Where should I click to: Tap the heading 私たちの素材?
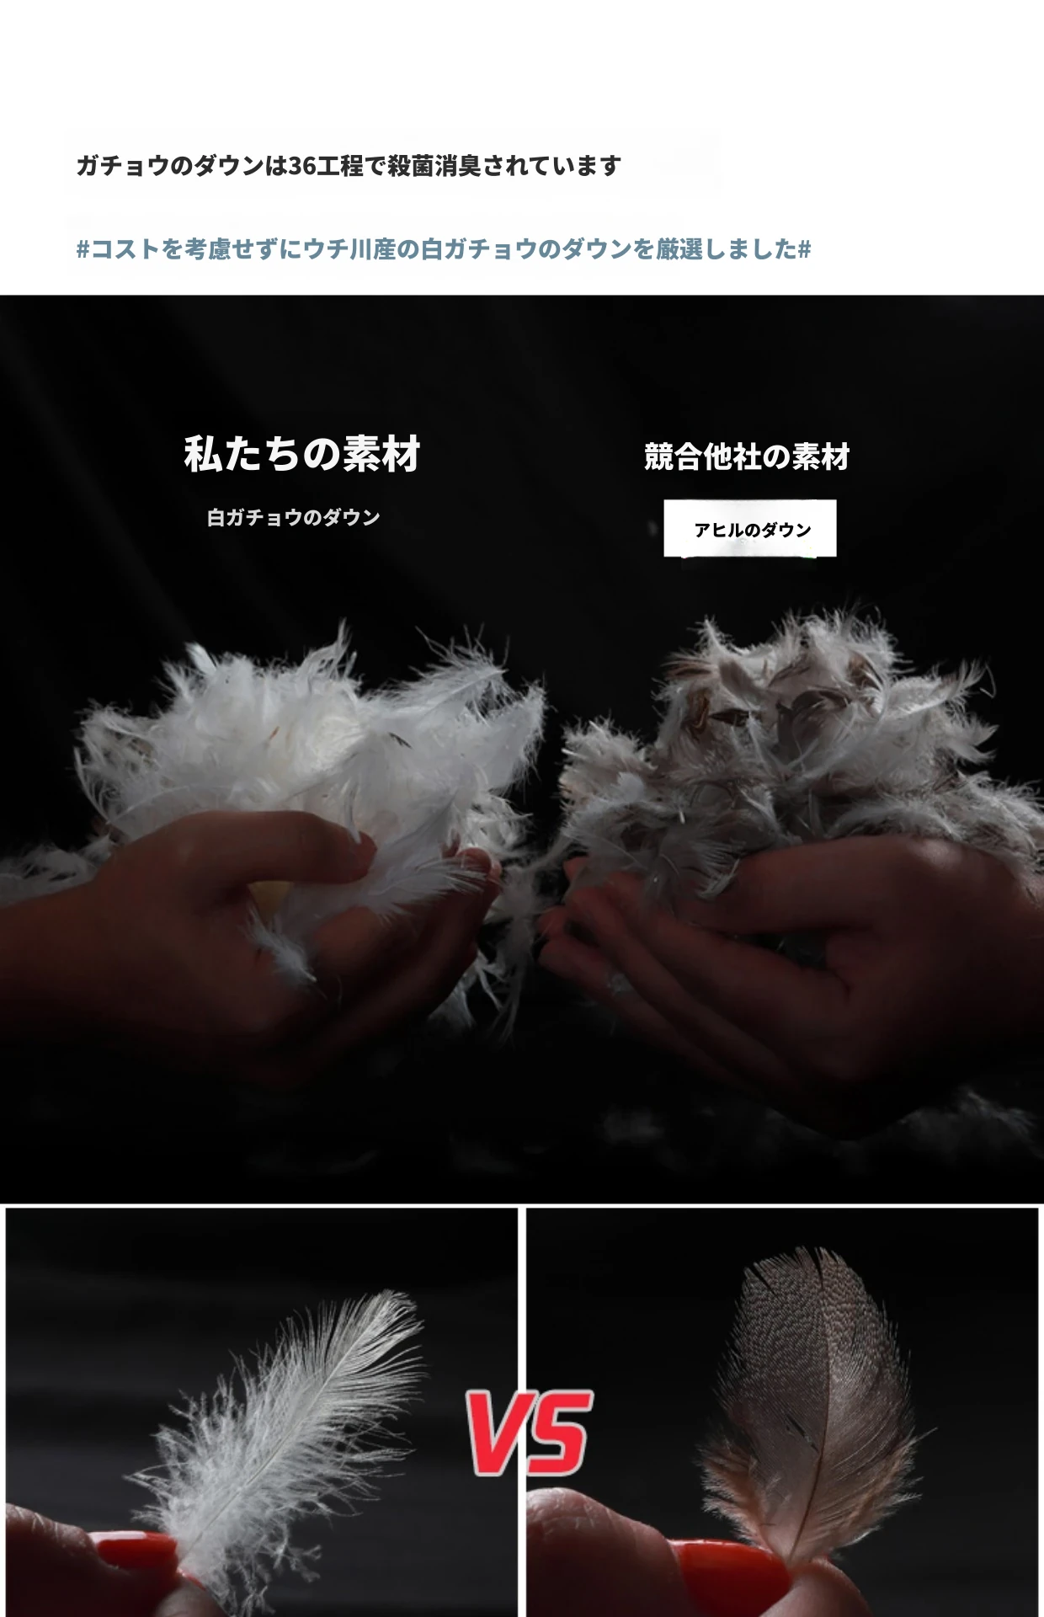pyautogui.click(x=302, y=454)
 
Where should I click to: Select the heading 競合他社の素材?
pyautogui.click(x=747, y=457)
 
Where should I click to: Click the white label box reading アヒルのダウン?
pyautogui.click(x=750, y=529)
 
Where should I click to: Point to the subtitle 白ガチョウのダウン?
pyautogui.click(x=294, y=517)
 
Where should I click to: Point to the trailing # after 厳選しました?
pyautogui.click(x=804, y=249)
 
